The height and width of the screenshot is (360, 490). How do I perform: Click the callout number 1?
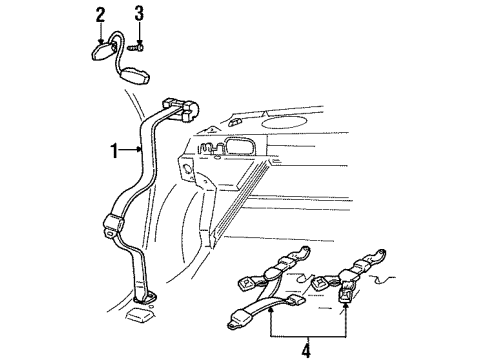[114, 151]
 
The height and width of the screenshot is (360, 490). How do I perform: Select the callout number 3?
[139, 13]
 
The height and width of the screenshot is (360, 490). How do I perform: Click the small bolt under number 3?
[140, 46]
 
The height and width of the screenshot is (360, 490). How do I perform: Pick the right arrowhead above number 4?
[347, 310]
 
